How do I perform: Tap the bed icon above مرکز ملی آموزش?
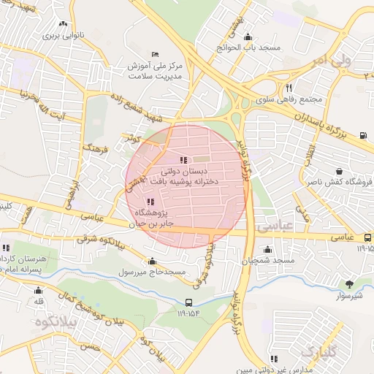click(x=154, y=55)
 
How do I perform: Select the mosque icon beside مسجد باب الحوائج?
click(x=248, y=37)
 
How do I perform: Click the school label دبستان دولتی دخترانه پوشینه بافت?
click(x=183, y=177)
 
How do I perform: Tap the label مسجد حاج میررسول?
click(x=153, y=272)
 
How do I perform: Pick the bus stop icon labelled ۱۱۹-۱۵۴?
click(x=189, y=302)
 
